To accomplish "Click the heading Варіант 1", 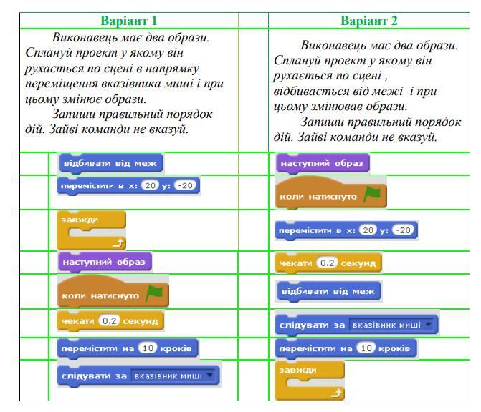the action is [129, 21].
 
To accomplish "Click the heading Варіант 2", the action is [369, 21].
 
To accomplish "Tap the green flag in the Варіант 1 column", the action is [154, 293].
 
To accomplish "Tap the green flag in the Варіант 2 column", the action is [372, 194].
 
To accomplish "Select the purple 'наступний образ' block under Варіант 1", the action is [104, 262].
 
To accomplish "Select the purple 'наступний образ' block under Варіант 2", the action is [323, 163].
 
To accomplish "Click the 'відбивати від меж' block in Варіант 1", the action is [110, 163].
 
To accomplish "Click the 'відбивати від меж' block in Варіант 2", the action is [328, 291].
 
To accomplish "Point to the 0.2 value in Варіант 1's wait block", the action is [109, 320].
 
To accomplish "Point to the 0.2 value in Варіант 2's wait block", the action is [327, 263].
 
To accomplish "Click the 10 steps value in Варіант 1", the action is [148, 348].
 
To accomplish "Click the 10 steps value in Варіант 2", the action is [366, 348].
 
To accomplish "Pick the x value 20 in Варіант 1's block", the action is [150, 185].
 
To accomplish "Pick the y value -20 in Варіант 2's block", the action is [403, 230].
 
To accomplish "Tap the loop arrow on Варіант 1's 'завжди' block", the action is [118, 243].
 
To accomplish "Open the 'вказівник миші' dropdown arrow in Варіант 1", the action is [210, 375].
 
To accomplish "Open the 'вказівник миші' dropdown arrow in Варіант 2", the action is [428, 324].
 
